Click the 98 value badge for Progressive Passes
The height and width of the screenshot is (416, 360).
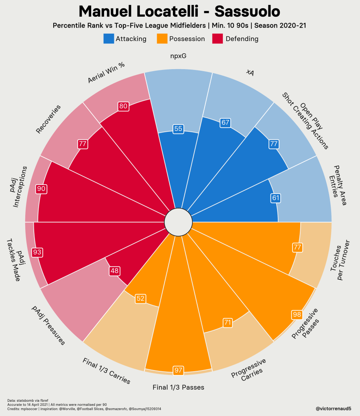(297, 315)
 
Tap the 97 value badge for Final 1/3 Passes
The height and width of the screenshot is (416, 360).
(178, 370)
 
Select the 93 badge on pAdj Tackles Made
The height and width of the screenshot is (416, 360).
(37, 252)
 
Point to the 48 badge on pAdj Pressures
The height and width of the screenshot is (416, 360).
(114, 271)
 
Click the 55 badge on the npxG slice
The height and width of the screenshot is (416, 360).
(178, 129)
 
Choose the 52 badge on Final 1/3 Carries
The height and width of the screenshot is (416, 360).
(140, 298)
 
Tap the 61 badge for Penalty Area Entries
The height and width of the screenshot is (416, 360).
(275, 198)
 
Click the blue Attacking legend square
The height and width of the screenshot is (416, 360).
(109, 39)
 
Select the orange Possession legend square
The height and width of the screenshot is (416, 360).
(162, 39)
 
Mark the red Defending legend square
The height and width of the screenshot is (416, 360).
(217, 39)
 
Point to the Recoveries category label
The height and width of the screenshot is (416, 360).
(48, 119)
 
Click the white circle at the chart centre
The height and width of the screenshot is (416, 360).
(178, 222)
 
